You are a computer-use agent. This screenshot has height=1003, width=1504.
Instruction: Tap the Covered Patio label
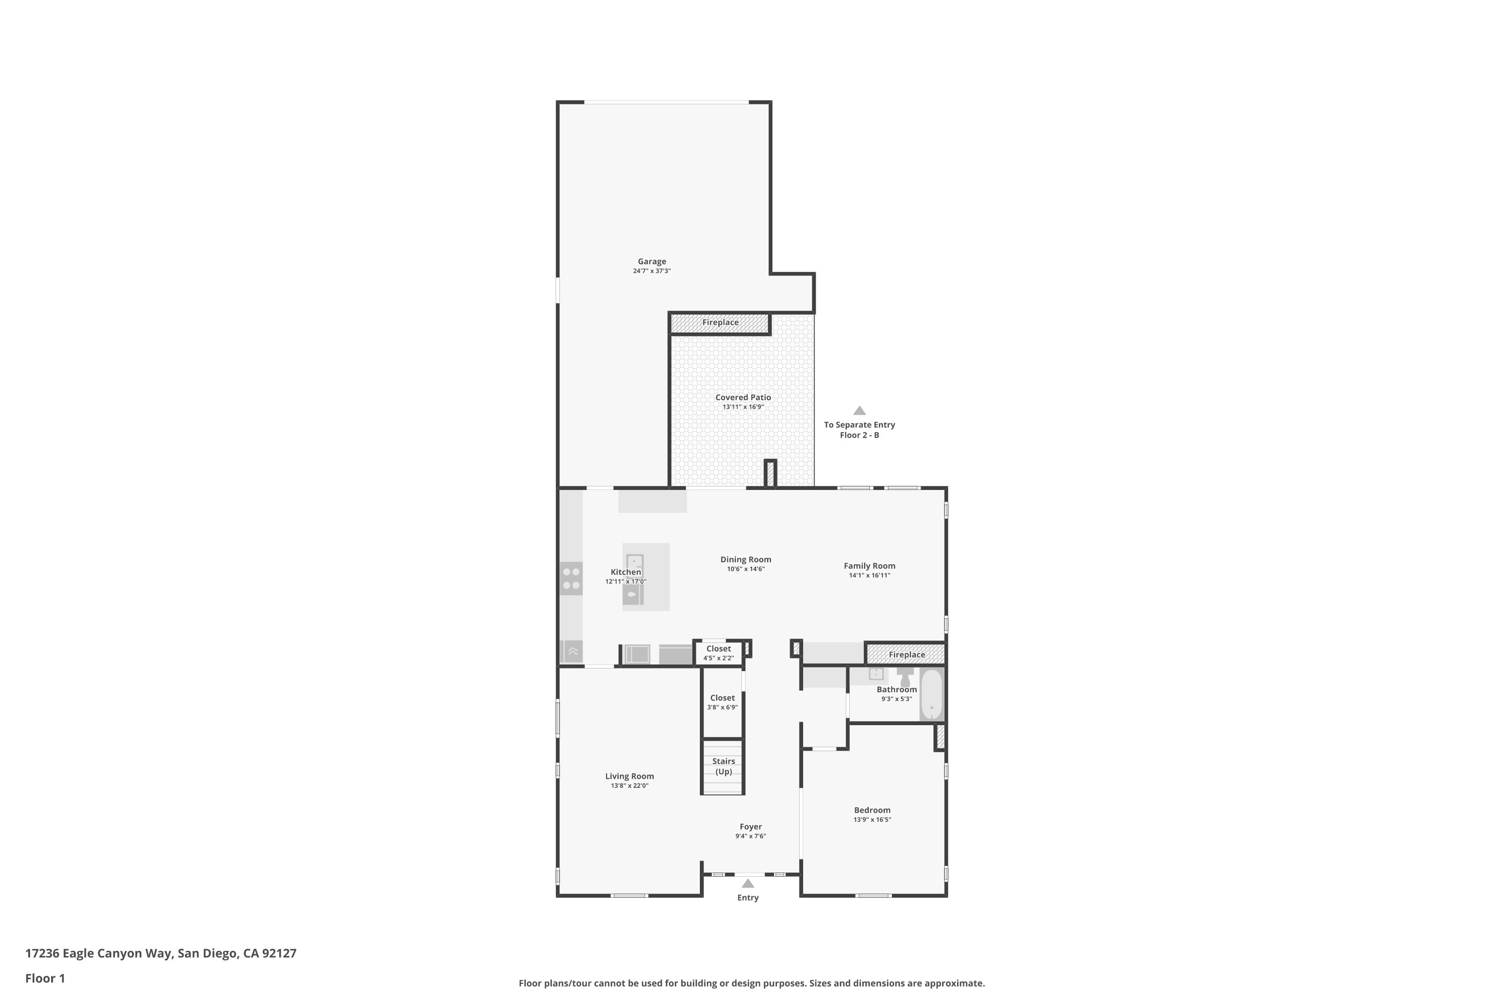pyautogui.click(x=743, y=397)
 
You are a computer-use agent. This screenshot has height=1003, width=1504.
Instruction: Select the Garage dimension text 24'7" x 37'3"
pyautogui.click(x=652, y=271)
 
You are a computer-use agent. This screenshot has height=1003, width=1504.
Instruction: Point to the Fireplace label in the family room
pyautogui.click(x=907, y=654)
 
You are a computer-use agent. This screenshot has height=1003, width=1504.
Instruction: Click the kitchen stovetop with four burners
pyautogui.click(x=571, y=578)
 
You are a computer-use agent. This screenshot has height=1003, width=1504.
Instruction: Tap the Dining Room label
pyautogui.click(x=745, y=559)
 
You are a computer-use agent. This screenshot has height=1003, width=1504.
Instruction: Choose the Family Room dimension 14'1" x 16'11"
pyautogui.click(x=870, y=575)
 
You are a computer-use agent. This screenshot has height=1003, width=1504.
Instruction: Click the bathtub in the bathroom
pyautogui.click(x=931, y=695)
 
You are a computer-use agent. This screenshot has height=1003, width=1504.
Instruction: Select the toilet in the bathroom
pyautogui.click(x=905, y=677)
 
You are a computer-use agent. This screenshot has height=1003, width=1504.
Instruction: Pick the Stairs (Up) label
pyautogui.click(x=723, y=766)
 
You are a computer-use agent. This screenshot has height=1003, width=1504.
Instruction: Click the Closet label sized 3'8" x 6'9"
pyautogui.click(x=722, y=698)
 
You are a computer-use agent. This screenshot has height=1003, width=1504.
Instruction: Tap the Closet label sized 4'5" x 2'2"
pyautogui.click(x=719, y=648)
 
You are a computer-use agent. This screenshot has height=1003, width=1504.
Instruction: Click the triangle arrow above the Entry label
pyautogui.click(x=747, y=883)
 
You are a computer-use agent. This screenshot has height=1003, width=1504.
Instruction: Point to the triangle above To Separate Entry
pyautogui.click(x=859, y=411)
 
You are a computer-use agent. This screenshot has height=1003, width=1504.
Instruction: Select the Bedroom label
pyautogui.click(x=872, y=810)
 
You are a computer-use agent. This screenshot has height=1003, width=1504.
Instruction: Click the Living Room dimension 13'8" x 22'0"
pyautogui.click(x=629, y=785)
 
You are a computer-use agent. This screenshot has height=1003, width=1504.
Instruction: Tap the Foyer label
pyautogui.click(x=750, y=826)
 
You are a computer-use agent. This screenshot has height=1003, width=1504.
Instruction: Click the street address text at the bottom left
pyautogui.click(x=161, y=953)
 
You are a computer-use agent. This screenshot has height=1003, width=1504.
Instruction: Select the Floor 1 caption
pyautogui.click(x=46, y=978)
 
